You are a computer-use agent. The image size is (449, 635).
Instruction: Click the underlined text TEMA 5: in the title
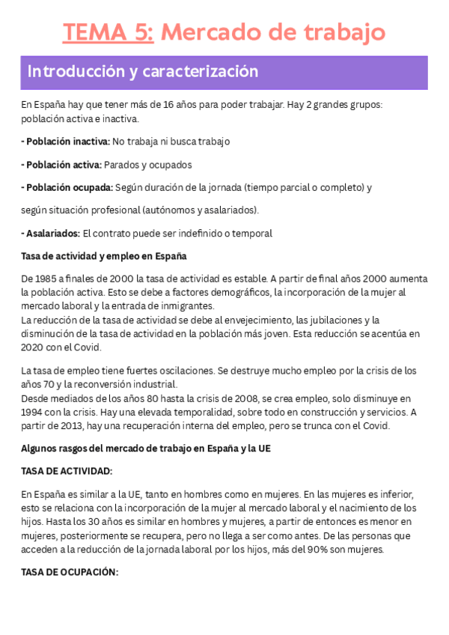pyautogui.click(x=109, y=32)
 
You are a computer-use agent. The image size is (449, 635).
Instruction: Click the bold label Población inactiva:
pyautogui.click(x=66, y=141)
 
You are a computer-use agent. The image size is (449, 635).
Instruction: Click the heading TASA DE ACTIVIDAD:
pyautogui.click(x=67, y=471)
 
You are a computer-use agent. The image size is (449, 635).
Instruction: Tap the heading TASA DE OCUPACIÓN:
pyautogui.click(x=70, y=571)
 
